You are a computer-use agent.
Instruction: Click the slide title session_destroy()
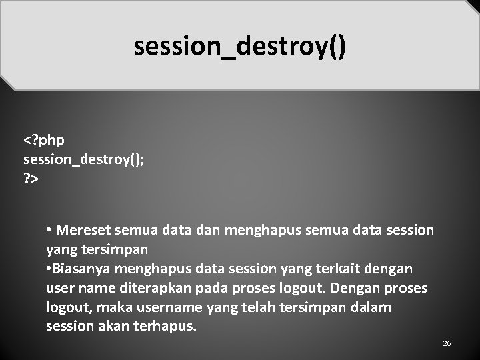click(240, 47)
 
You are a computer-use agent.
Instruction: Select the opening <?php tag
click(44, 141)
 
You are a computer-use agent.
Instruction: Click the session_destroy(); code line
click(83, 160)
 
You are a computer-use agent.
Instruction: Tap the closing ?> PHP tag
click(31, 179)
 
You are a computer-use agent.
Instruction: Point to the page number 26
click(447, 343)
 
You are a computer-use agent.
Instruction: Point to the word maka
click(113, 307)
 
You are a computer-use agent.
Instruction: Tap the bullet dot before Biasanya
click(49, 269)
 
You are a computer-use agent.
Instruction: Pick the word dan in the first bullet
click(209, 231)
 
